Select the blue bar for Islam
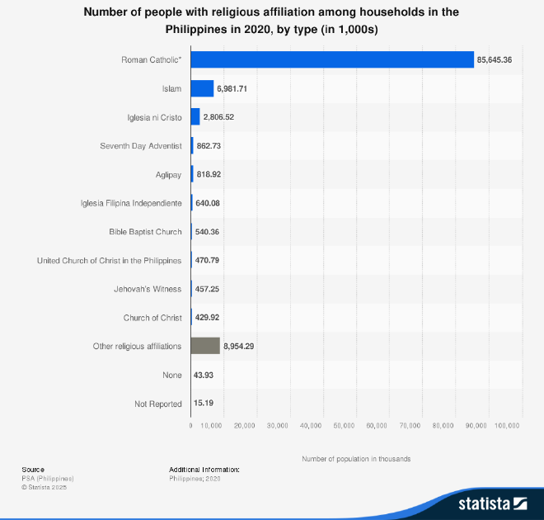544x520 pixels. click(202, 88)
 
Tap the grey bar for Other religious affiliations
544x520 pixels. click(205, 346)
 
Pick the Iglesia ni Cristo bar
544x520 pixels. click(195, 117)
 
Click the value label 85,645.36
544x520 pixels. click(495, 59)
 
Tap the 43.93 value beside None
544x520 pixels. click(204, 375)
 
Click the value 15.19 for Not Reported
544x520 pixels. click(204, 404)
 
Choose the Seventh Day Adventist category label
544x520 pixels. click(141, 145)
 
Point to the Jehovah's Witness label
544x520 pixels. click(148, 289)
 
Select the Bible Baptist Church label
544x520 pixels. click(145, 232)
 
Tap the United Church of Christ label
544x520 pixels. click(110, 260)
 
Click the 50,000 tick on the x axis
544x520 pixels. click(344, 426)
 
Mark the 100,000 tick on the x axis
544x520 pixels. click(507, 426)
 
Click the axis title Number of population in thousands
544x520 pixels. click(356, 458)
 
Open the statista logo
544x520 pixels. click(492, 503)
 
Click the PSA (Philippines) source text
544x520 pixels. click(48, 478)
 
